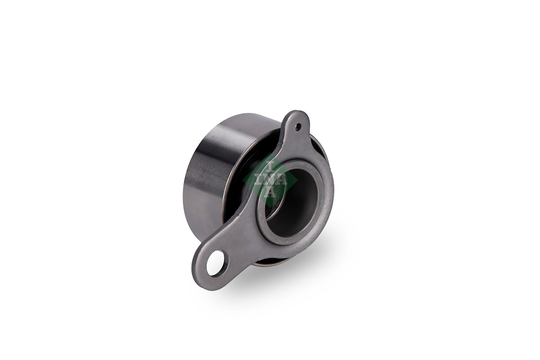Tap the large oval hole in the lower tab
[215, 263]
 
